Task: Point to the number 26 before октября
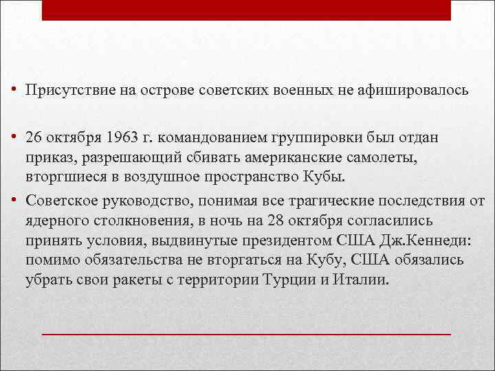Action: [34, 137]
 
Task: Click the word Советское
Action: [60, 202]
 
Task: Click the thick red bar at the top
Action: [246, 10]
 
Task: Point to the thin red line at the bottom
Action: [246, 333]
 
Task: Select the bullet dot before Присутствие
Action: [14, 90]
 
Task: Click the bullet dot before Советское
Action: [14, 202]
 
